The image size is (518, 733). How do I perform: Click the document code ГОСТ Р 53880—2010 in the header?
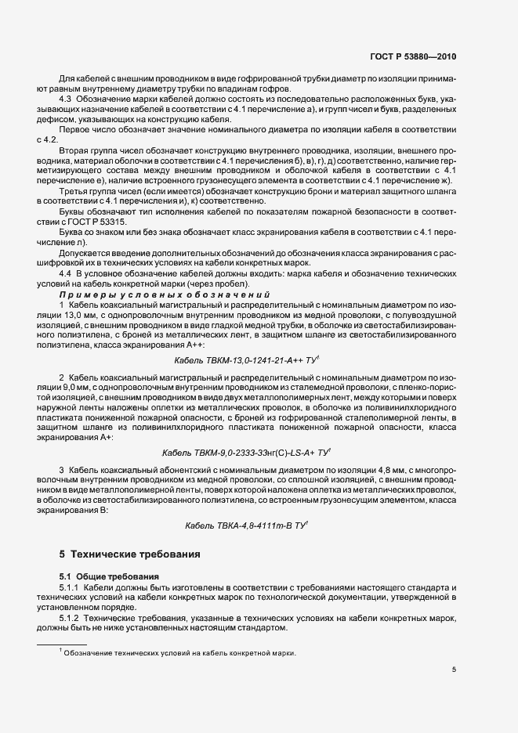click(415, 57)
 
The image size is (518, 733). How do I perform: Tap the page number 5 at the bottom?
click(454, 670)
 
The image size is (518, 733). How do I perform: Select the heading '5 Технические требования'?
click(129, 554)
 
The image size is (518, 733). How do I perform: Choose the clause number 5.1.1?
click(70, 587)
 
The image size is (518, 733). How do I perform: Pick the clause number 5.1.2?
click(70, 618)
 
